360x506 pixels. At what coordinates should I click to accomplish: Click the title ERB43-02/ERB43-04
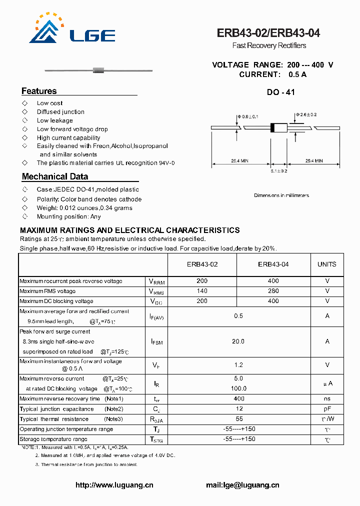click(x=268, y=33)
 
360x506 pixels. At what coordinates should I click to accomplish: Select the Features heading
click(x=39, y=91)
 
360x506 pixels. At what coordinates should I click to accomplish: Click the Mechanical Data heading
click(x=55, y=176)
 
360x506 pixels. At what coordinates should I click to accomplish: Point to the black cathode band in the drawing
click(x=272, y=127)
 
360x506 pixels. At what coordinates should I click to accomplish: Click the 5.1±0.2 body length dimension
click(x=279, y=171)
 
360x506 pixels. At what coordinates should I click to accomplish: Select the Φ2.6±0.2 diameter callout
click(x=306, y=114)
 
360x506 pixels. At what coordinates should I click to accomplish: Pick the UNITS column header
click(x=327, y=264)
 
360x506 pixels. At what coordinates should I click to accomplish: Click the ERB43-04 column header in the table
click(x=273, y=264)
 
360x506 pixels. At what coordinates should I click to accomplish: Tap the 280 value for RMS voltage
click(x=273, y=291)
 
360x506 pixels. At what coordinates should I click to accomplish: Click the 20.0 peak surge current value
click(x=238, y=341)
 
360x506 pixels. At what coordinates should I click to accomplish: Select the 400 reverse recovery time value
click(x=239, y=398)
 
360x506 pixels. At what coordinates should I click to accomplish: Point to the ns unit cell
click(x=327, y=398)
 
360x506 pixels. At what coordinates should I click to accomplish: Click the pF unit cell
click(x=327, y=409)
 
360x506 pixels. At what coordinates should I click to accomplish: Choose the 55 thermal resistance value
click(x=239, y=419)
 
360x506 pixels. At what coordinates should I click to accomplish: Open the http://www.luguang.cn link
click(x=114, y=485)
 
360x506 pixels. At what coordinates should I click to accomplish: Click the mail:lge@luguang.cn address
click(x=242, y=485)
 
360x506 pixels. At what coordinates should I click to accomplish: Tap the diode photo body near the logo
click(x=98, y=69)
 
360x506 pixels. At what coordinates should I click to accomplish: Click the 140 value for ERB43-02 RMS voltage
click(x=202, y=291)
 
